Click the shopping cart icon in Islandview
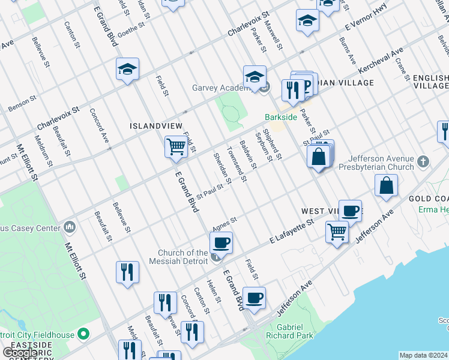(176, 147)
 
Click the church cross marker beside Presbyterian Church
(424, 161)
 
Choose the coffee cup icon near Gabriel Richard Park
(254, 298)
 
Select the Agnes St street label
(225, 223)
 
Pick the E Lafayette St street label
(292, 231)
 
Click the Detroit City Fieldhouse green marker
(83, 334)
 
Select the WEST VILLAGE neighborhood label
(321, 211)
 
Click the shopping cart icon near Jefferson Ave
(337, 231)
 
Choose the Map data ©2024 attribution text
(424, 355)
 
